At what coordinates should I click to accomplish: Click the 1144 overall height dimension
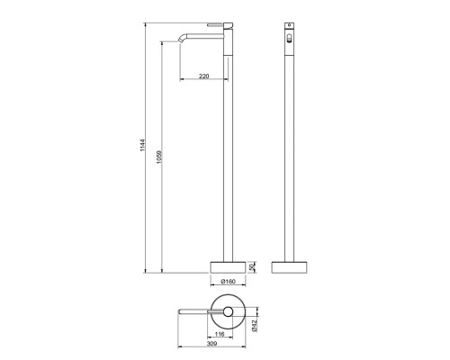(x=142, y=145)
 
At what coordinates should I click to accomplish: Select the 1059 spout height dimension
(x=159, y=157)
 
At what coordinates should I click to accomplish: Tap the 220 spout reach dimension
(x=203, y=76)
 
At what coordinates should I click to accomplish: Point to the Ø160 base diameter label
(x=229, y=282)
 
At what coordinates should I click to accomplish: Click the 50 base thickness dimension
(x=252, y=266)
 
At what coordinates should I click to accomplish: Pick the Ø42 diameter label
(x=255, y=326)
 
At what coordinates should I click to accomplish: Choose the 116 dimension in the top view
(x=220, y=334)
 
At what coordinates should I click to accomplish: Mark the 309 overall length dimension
(x=211, y=344)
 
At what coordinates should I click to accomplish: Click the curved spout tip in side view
(x=182, y=38)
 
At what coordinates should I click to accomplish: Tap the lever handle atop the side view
(x=216, y=24)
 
